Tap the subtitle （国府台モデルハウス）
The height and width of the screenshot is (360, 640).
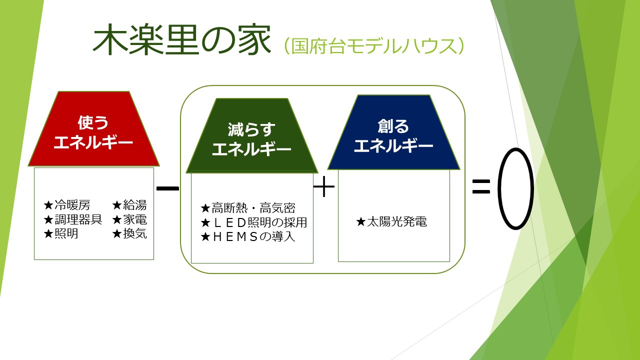(375, 46)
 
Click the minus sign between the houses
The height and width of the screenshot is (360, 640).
(167, 188)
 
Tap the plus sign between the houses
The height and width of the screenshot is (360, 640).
(324, 188)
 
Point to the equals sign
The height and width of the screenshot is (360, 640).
(480, 187)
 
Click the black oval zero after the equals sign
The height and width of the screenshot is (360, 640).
(515, 189)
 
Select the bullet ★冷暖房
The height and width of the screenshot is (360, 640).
(67, 205)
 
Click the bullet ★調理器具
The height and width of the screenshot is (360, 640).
(73, 219)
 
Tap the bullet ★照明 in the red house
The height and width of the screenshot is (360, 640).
(61, 233)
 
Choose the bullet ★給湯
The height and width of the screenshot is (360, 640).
(129, 205)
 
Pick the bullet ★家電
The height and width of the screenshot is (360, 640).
(129, 219)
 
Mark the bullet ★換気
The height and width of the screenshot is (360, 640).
(129, 233)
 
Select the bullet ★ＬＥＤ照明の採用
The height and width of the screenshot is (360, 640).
(253, 222)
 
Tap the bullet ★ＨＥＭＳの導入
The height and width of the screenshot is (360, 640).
(247, 237)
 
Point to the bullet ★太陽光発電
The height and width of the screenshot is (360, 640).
(391, 222)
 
